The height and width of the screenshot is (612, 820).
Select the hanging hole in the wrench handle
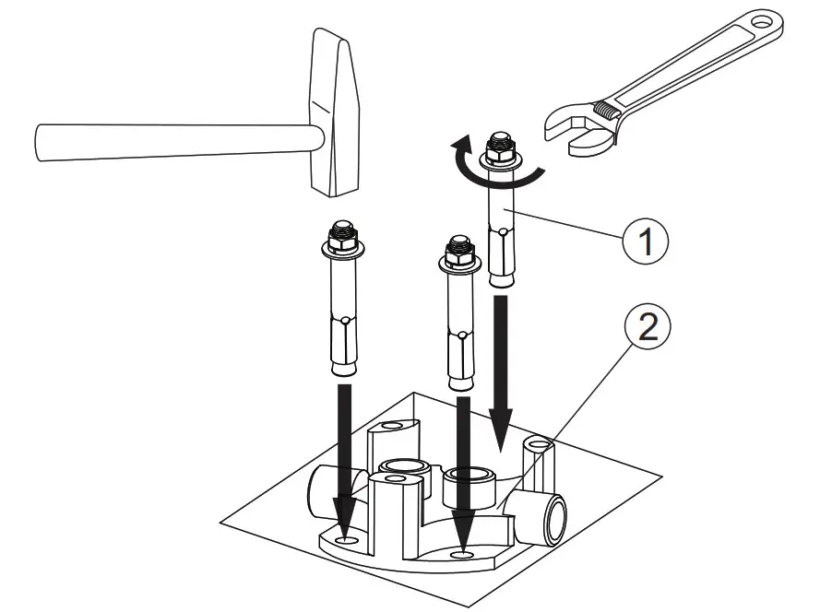(x=765, y=19)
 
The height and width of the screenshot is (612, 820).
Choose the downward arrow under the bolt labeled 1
(x=501, y=369)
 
